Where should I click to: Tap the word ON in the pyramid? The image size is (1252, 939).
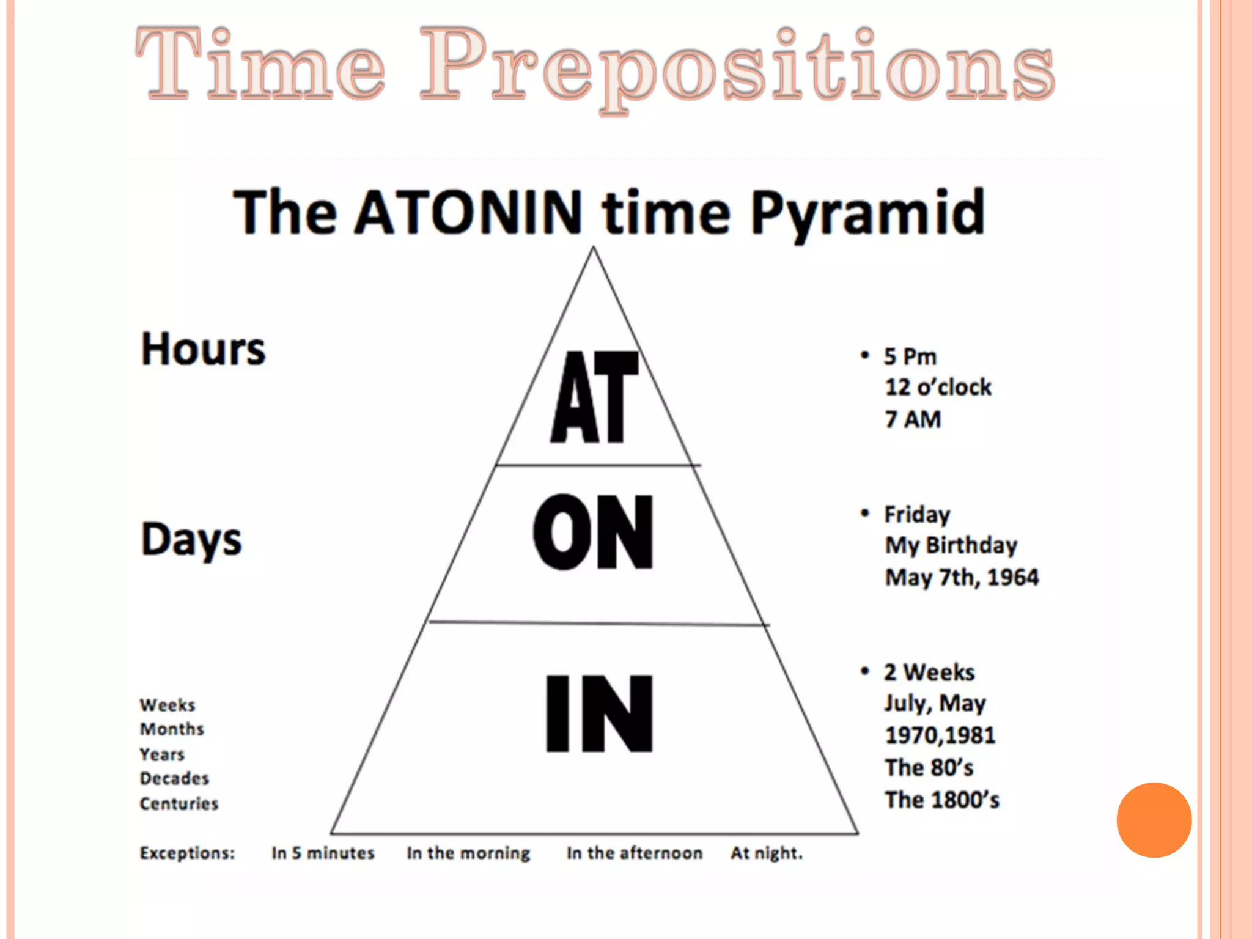[x=593, y=532]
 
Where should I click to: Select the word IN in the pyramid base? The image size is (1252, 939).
[x=599, y=713]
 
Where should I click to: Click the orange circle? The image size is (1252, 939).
[x=1154, y=820]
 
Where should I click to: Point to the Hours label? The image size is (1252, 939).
[x=203, y=349]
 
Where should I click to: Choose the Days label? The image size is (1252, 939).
[x=191, y=540]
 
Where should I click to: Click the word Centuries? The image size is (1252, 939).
[x=179, y=803]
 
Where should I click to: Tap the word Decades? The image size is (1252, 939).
[x=174, y=778]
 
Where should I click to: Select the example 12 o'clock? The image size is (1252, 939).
[x=938, y=387]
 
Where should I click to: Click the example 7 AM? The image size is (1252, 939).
[x=913, y=419]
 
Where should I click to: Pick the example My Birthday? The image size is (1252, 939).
[x=951, y=545]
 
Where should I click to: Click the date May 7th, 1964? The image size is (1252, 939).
[x=962, y=577]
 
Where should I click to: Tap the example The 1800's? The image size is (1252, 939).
[x=941, y=800]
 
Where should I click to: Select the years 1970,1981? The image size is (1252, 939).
[x=940, y=735]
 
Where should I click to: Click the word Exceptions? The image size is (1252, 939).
[x=187, y=853]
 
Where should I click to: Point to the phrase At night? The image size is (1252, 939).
[x=766, y=853]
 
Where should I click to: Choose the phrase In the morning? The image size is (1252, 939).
[x=468, y=853]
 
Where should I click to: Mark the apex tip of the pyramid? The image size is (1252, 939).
[x=592, y=248]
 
